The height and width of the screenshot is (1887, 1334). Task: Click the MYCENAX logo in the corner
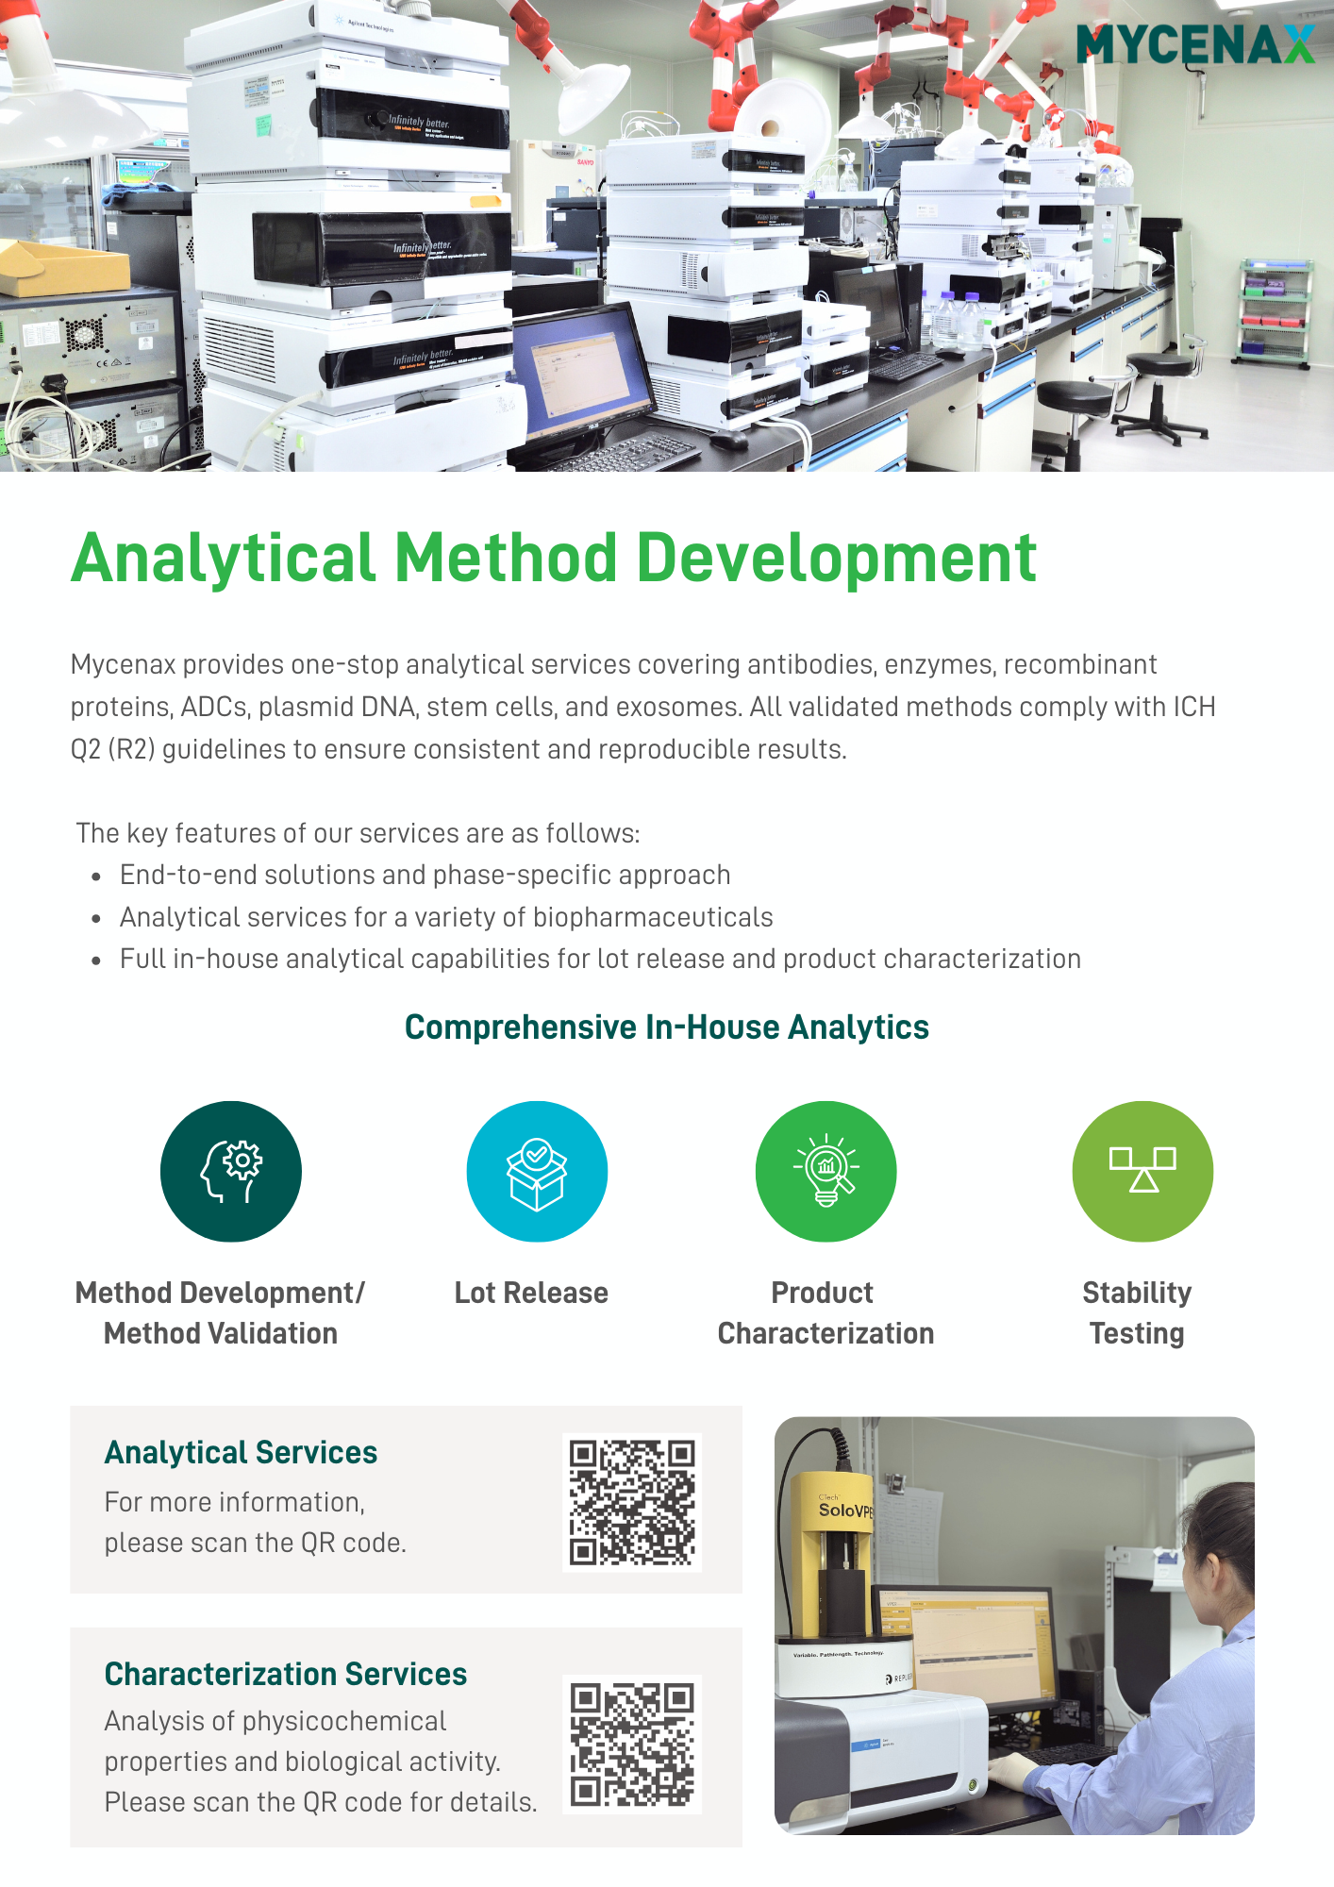click(1195, 44)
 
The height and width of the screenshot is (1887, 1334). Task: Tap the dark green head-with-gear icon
click(231, 1171)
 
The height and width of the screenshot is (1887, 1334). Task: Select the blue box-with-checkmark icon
click(537, 1171)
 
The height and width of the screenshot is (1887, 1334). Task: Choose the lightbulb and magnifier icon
click(825, 1171)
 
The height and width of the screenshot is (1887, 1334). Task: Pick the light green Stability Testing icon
click(1142, 1171)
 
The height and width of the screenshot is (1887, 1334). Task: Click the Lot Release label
click(531, 1293)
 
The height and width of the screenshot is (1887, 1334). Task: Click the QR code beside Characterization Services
click(632, 1744)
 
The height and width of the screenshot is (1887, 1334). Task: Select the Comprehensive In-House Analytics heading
click(667, 1027)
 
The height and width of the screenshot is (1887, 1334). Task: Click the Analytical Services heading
click(241, 1453)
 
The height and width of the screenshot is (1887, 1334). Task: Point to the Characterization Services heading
click(286, 1674)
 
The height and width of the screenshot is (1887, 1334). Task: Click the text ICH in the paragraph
click(1193, 707)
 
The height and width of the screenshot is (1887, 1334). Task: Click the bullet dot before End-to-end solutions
click(96, 877)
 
